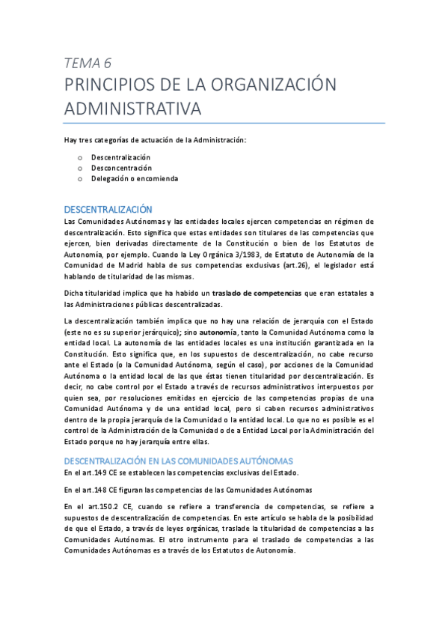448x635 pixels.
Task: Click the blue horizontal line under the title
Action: [x=224, y=123]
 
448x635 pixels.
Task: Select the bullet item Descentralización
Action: [x=120, y=157]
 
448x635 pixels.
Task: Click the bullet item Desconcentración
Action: [x=121, y=168]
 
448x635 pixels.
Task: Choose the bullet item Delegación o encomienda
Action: [x=135, y=179]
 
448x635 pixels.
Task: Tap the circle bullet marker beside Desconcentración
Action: [x=81, y=168]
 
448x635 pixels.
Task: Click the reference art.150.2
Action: [x=97, y=507]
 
